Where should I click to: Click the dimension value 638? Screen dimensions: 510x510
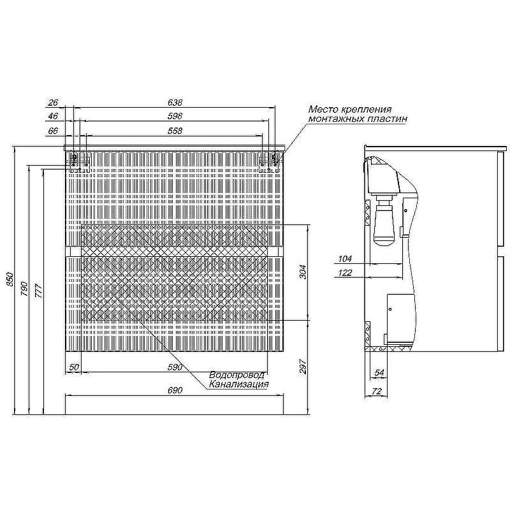175,103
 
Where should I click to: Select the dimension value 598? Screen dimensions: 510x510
175,116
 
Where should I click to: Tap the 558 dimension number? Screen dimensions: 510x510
175,131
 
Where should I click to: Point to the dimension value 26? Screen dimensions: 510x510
53,103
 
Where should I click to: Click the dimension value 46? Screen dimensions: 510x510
53,116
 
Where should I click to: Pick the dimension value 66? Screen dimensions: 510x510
53,131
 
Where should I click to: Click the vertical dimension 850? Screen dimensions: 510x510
10,279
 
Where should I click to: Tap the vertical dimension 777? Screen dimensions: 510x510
38,291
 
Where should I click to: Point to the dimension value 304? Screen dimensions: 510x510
303,272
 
